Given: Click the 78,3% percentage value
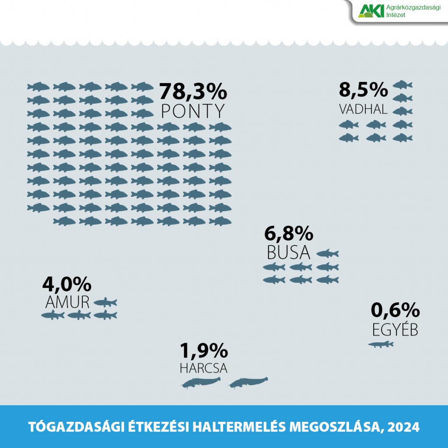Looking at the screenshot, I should [193, 92].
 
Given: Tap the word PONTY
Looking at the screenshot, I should [193, 112].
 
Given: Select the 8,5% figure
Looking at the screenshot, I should [363, 90].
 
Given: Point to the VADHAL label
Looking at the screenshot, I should [363, 109].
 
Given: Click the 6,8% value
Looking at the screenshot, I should [289, 234].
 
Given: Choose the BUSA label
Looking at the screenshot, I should [288, 253].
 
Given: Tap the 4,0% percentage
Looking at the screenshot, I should [66, 284].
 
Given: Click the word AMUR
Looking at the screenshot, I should [67, 302].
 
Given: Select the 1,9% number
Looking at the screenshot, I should [204, 350].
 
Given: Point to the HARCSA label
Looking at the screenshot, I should [203, 368].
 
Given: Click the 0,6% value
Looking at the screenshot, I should [395, 311].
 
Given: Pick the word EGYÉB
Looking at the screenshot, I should [395, 329].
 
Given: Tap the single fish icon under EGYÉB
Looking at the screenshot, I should [381, 344].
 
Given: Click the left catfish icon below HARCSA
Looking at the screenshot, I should [201, 383].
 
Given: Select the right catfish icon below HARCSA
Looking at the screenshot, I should [248, 383].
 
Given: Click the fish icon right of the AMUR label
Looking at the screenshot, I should [105, 302].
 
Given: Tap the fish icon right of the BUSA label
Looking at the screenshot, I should [327, 253].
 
